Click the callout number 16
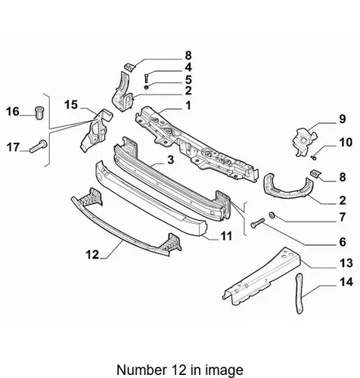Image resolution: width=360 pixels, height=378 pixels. pyautogui.click(x=13, y=111)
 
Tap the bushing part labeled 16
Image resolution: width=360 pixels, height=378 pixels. pyautogui.click(x=39, y=113)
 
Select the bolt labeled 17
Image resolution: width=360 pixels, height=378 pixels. pyautogui.click(x=39, y=146)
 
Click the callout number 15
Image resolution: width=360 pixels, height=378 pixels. pyautogui.click(x=71, y=104)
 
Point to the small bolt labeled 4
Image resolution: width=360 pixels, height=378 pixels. pyautogui.click(x=146, y=77)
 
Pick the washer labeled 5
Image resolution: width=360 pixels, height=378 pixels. pyautogui.click(x=146, y=87)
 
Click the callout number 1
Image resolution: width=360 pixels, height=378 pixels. pyautogui.click(x=188, y=105)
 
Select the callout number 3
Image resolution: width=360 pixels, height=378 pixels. pyautogui.click(x=171, y=160)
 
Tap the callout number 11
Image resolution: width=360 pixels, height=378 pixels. pyautogui.click(x=226, y=236)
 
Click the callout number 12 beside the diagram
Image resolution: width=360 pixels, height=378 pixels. pyautogui.click(x=92, y=255)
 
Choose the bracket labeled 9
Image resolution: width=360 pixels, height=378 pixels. pyautogui.click(x=304, y=141)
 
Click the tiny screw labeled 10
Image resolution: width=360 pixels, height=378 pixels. pyautogui.click(x=314, y=158)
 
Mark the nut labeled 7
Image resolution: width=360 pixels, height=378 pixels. pyautogui.click(x=272, y=215)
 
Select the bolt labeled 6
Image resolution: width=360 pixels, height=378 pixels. pyautogui.click(x=257, y=223)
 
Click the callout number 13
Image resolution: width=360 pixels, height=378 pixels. pyautogui.click(x=346, y=263)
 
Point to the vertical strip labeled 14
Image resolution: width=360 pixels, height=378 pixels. pyautogui.click(x=299, y=293)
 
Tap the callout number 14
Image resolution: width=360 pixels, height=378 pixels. pyautogui.click(x=346, y=282)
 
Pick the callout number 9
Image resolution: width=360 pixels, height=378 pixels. pyautogui.click(x=342, y=119)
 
